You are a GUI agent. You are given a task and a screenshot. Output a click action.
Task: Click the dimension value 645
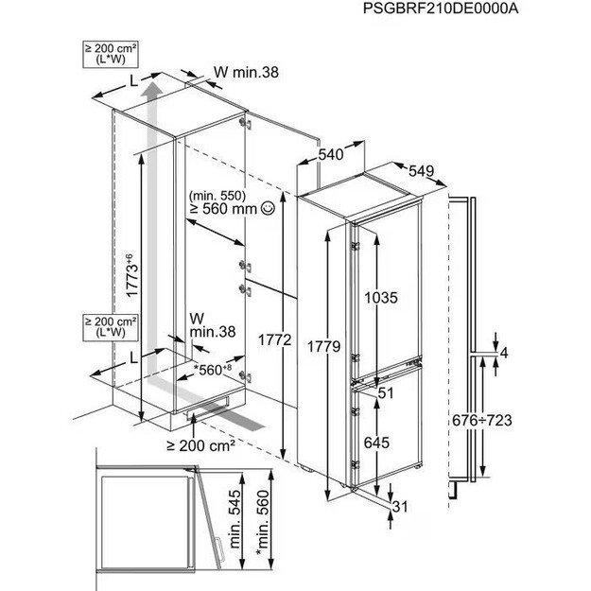pyautogui.click(x=376, y=441)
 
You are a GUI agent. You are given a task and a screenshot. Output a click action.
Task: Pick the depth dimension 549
pyautogui.click(x=422, y=172)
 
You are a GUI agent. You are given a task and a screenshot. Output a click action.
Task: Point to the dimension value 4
pyautogui.click(x=504, y=353)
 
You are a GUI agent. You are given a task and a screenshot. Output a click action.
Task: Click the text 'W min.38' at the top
pyautogui.click(x=243, y=72)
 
